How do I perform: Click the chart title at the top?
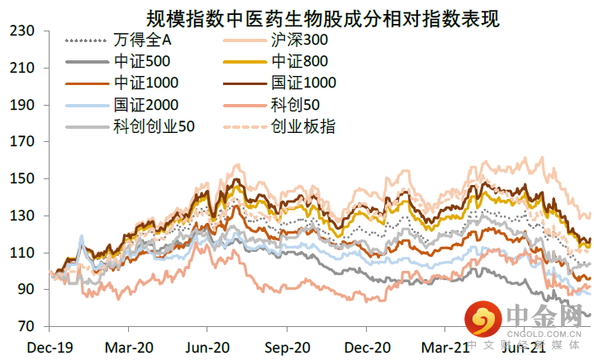(323, 16)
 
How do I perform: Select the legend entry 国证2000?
(148, 105)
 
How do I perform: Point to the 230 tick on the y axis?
(21, 31)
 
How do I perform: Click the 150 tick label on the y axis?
(21, 179)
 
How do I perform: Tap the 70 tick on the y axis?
(25, 327)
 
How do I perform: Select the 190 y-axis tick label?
(21, 106)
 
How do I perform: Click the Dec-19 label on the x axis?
(49, 347)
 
